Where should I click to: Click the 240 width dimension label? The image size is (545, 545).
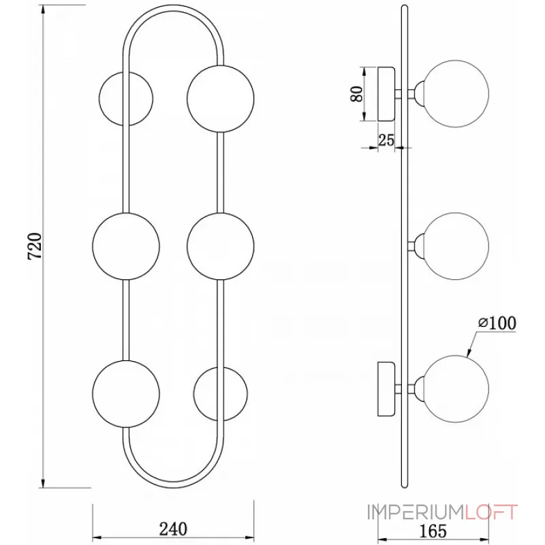tap(173, 529)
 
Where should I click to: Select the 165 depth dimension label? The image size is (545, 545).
tap(433, 530)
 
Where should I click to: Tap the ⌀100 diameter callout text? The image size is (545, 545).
tap(496, 322)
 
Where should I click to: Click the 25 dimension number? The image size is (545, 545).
tap(386, 140)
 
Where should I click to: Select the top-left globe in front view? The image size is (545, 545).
tap(126, 99)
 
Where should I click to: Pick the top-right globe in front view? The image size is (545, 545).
tap(221, 97)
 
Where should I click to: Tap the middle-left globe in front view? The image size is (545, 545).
tap(126, 247)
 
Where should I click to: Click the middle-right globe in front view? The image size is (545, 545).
tap(220, 247)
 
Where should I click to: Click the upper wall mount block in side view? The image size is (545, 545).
tap(388, 94)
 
